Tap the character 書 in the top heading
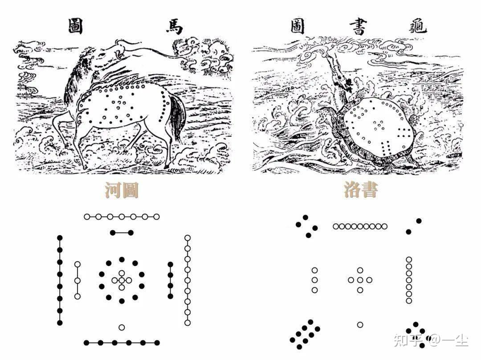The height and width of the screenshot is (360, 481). [359, 26]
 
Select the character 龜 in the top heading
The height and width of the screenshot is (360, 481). [418, 26]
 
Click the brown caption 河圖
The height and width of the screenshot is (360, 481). [122, 190]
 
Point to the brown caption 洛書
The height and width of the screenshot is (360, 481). [361, 190]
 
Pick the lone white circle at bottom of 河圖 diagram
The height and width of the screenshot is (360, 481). [122, 327]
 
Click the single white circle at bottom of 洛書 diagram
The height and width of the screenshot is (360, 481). [360, 325]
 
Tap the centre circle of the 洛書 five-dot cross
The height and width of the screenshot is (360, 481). [360, 280]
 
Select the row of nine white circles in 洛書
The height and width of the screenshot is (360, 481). [360, 226]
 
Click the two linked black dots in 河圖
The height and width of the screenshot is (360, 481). [122, 233]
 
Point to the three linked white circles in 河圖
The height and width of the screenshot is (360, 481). [77, 280]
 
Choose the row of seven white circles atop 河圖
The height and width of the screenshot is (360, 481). [122, 217]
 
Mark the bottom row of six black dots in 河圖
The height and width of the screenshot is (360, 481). [122, 343]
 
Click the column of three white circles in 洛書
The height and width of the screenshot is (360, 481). [314, 280]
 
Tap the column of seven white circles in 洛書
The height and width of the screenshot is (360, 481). [409, 280]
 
